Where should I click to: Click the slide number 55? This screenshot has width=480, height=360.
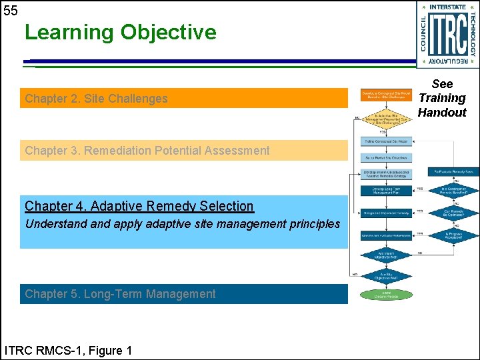coord(11,10)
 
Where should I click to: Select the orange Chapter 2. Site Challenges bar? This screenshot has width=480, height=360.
coord(183,98)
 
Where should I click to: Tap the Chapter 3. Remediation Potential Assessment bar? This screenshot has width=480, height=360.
coord(183,151)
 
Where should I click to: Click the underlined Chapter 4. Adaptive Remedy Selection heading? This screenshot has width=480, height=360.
coord(139,206)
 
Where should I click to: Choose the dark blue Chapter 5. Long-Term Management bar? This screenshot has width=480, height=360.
coord(183,294)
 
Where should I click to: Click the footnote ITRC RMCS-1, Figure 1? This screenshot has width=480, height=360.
coord(68,351)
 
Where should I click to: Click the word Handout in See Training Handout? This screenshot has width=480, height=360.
coord(442,112)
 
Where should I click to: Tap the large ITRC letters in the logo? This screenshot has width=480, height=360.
coord(447,34)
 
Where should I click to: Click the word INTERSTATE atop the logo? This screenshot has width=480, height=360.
coord(448,7)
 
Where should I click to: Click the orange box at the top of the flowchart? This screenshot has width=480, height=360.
coord(386,96)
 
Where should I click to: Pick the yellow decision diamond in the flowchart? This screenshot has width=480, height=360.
coord(386,121)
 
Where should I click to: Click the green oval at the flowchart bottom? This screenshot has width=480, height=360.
coord(386,295)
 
